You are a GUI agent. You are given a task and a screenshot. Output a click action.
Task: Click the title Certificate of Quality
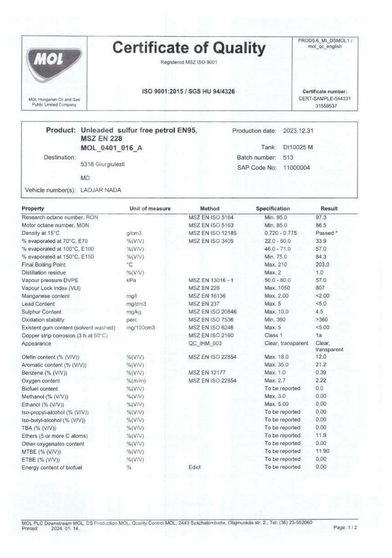[x=189, y=48]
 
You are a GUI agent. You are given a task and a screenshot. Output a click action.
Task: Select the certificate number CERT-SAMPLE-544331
[x=325, y=99]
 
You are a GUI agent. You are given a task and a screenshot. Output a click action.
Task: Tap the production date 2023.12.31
[x=298, y=131]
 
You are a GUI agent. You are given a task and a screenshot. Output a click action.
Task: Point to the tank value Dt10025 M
[x=298, y=147]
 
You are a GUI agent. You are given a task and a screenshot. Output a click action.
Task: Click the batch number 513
[x=288, y=158]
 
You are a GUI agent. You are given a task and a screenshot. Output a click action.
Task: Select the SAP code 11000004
[x=296, y=168]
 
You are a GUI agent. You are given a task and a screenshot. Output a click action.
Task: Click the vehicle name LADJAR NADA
[x=101, y=190]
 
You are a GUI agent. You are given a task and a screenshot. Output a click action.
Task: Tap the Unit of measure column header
[x=150, y=209]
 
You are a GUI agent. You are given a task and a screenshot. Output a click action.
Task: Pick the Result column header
[x=329, y=209]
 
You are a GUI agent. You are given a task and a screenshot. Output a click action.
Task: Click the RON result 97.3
[x=321, y=217]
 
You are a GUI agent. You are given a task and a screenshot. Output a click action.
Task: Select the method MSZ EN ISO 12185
[x=212, y=233]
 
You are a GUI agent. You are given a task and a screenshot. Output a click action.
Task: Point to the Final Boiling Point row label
[x=44, y=265]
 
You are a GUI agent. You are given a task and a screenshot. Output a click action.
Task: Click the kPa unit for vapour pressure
[x=131, y=281]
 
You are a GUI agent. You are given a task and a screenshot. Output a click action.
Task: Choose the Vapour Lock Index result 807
[x=320, y=288]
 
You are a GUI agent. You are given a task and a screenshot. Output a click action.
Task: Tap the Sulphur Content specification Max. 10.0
[x=276, y=312]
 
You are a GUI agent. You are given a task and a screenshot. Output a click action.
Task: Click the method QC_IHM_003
[x=205, y=344]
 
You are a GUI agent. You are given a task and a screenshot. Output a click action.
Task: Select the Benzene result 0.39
[x=321, y=373]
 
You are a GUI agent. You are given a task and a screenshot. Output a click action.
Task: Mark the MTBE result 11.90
[x=322, y=451]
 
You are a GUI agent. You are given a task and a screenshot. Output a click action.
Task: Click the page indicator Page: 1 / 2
[x=345, y=527]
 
